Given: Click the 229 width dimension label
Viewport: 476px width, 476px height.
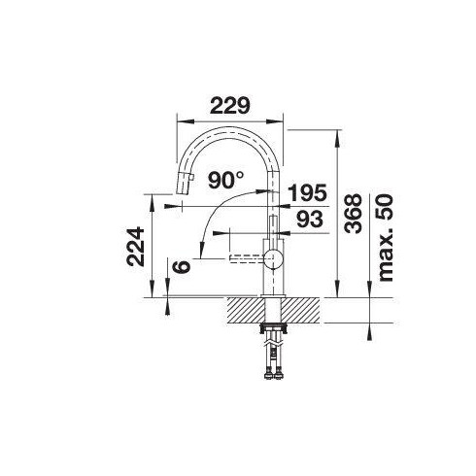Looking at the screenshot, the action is (230, 106).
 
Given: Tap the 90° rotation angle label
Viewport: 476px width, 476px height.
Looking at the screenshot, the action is (225, 180).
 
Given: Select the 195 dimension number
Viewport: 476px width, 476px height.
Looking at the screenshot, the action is (307, 193).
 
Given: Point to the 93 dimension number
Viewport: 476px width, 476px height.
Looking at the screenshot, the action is (310, 219).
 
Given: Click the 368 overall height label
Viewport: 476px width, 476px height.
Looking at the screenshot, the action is (353, 214).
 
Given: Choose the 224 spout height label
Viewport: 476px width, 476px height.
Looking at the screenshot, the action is (135, 247).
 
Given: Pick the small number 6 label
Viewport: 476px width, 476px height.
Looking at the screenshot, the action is (182, 266).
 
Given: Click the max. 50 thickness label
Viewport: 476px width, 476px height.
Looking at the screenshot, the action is (386, 238).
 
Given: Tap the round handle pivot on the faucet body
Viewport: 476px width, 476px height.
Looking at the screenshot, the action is (274, 258).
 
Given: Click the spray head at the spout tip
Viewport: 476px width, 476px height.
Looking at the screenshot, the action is (185, 183).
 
